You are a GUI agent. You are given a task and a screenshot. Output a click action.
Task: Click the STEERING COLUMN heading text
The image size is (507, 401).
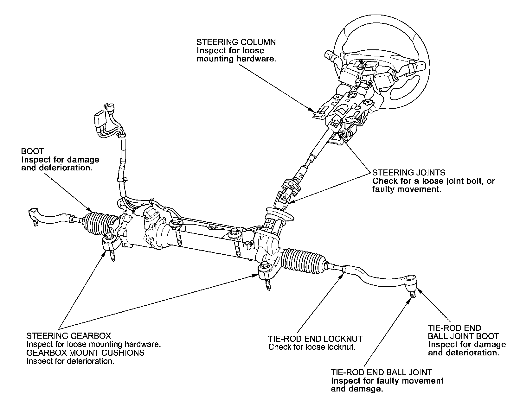tap(236, 42)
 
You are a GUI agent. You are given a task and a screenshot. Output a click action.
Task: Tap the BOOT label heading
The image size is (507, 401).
tap(32, 151)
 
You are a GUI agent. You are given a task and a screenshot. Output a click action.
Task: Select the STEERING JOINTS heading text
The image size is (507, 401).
tap(409, 173)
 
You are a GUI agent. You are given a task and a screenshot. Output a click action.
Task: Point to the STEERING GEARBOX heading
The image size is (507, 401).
tap(69, 336)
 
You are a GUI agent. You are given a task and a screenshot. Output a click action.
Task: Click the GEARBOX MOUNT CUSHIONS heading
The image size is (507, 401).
tap(86, 353)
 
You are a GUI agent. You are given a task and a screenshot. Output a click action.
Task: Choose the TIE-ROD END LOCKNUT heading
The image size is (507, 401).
tap(315, 339)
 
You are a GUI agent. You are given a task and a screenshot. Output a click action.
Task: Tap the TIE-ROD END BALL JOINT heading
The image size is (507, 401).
tap(381, 372)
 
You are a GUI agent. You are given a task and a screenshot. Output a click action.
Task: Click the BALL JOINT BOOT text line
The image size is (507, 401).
tap(463, 336)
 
